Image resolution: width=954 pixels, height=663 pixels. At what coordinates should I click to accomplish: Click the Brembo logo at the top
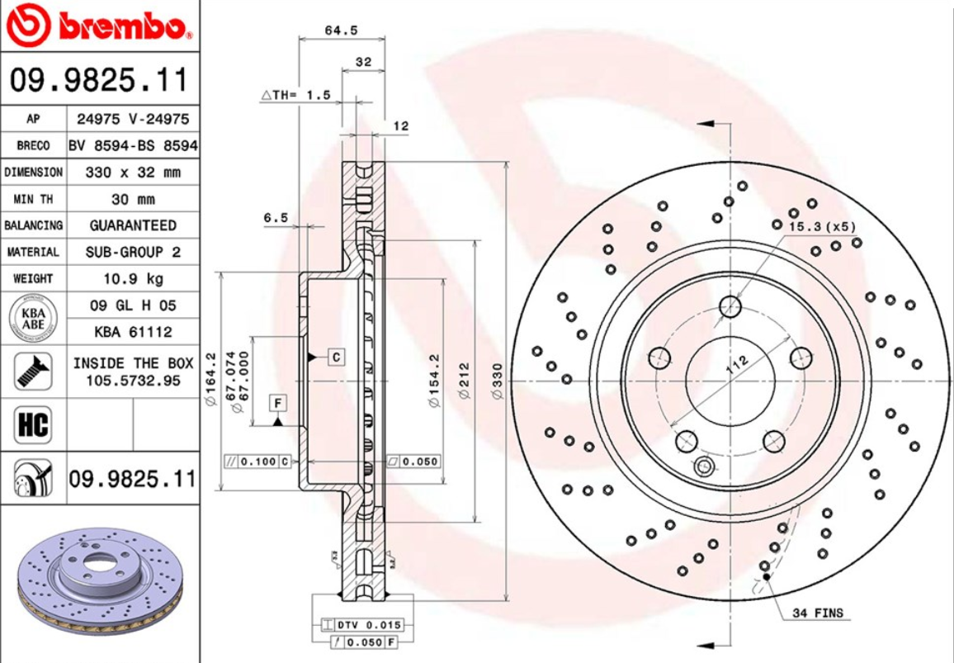point(99,26)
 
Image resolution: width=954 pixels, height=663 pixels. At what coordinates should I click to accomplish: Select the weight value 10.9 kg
point(133,278)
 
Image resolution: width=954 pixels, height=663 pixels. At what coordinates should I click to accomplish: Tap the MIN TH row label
point(33,199)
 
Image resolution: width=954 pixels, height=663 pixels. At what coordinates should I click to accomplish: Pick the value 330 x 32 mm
point(133,173)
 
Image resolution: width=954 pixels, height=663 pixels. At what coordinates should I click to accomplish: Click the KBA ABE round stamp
point(33,318)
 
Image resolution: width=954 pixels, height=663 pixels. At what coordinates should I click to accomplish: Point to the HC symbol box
point(33,425)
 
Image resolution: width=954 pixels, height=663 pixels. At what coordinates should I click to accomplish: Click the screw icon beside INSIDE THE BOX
point(33,371)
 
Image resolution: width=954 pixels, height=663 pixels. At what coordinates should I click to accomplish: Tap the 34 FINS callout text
point(818,613)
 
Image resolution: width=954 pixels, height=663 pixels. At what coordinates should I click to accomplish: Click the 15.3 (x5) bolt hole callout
point(822,225)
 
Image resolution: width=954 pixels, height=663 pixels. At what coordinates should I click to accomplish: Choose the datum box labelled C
point(336,357)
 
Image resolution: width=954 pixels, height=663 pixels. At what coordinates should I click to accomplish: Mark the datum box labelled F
point(278,403)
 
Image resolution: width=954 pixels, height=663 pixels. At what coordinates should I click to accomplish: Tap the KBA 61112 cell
point(133,332)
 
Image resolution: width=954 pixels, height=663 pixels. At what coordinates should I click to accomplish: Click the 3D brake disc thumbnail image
point(99,582)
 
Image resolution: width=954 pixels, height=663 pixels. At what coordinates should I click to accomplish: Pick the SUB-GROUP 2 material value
point(133,252)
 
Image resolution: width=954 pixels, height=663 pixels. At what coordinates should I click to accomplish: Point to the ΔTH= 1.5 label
point(295,95)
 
